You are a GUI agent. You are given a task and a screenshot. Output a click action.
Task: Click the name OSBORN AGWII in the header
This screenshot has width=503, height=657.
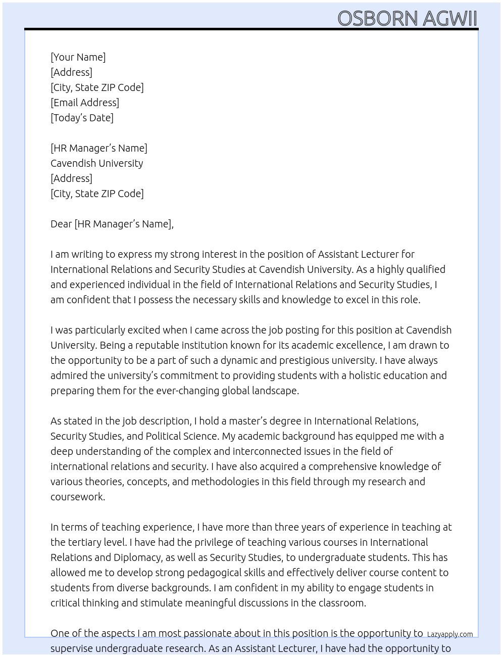(x=407, y=18)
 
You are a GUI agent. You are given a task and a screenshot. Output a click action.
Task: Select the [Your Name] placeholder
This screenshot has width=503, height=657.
(x=78, y=57)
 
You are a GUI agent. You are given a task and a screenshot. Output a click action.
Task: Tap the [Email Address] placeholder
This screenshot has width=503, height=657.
(x=85, y=103)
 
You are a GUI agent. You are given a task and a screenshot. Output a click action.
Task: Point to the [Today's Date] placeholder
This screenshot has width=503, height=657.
(x=82, y=118)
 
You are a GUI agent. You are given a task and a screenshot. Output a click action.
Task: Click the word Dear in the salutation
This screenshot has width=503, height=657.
(x=61, y=224)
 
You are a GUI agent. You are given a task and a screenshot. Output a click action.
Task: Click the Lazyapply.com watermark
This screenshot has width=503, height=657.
(x=450, y=634)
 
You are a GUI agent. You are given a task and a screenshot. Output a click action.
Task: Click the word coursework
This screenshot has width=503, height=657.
(x=78, y=497)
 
